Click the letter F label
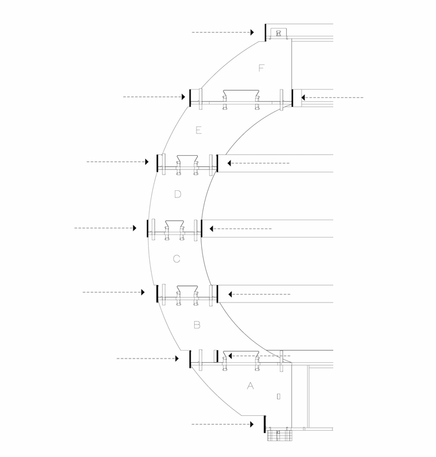click(x=261, y=68)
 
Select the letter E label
click(x=198, y=130)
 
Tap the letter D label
click(x=177, y=194)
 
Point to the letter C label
click(x=177, y=259)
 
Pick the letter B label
click(x=197, y=325)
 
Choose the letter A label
click(x=250, y=385)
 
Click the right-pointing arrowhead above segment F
click(x=253, y=32)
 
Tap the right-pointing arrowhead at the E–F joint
click(x=183, y=97)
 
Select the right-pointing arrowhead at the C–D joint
click(x=134, y=228)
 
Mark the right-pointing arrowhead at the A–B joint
click(x=177, y=359)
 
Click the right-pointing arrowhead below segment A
click(x=252, y=424)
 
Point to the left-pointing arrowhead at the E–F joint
click(x=303, y=98)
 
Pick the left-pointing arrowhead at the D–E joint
click(x=229, y=163)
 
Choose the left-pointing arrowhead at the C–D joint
click(x=211, y=229)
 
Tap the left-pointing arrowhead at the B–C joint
click(x=230, y=294)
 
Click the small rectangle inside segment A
click(x=278, y=396)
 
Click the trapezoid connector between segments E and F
click(x=241, y=93)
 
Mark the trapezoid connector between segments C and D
click(x=174, y=224)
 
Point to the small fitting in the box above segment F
click(x=278, y=33)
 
